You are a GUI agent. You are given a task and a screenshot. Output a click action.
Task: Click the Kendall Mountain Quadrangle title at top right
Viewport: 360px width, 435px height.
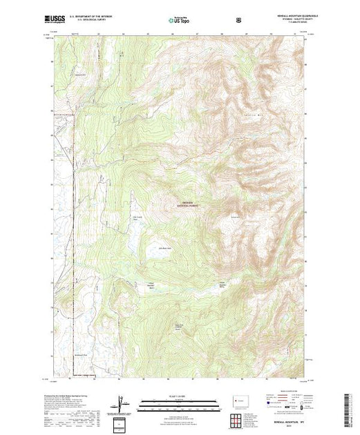pyautogui.click(x=283, y=17)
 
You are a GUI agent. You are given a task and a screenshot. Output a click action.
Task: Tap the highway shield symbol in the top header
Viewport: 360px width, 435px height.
pyautogui.click(x=239, y=21)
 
